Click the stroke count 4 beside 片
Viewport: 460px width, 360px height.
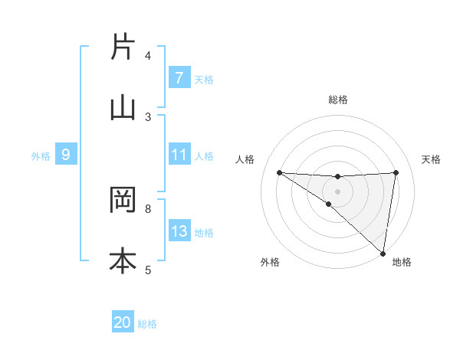coord(148,56)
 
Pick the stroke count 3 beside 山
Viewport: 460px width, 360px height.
coord(148,116)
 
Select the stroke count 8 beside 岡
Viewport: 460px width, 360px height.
coord(148,208)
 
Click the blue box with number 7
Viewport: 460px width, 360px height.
coord(179,78)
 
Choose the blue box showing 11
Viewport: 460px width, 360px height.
coord(179,155)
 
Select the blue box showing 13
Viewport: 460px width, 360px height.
coord(179,231)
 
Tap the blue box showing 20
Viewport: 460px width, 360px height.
coord(123,323)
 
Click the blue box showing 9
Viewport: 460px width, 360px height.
coord(66,155)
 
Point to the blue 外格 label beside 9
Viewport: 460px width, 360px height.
coord(41,155)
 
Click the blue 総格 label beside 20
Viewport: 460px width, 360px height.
coord(147,324)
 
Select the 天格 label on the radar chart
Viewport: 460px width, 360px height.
coord(432,159)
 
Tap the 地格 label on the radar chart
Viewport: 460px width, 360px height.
coord(402,262)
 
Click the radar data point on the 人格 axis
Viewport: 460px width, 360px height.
coord(279,172)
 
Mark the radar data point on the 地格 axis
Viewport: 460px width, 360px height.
coord(383,253)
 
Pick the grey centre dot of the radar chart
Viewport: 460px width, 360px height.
coord(337,191)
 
